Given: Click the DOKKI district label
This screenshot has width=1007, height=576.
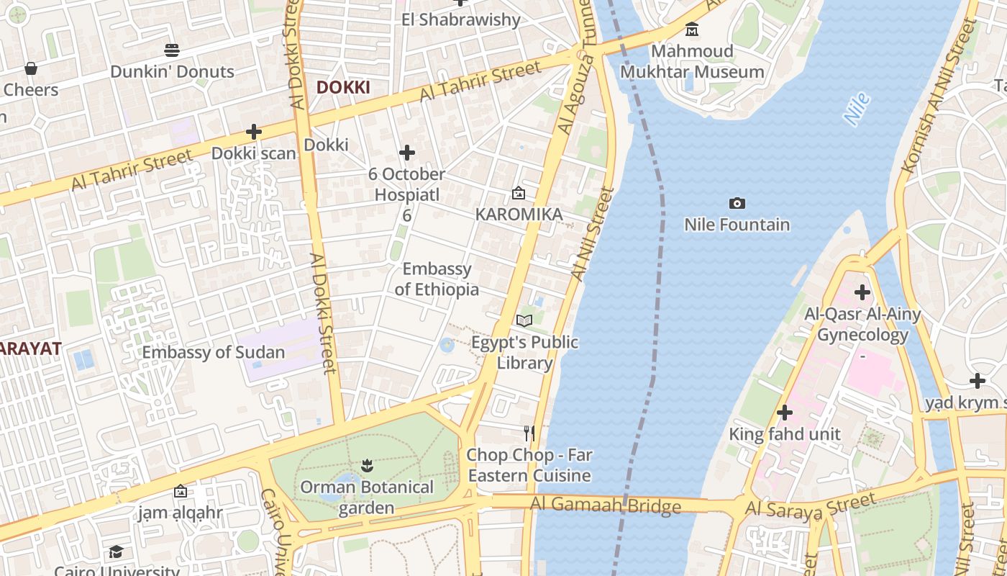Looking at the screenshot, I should [x=343, y=87].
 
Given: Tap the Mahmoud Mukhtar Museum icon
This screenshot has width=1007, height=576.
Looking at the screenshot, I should [x=692, y=30].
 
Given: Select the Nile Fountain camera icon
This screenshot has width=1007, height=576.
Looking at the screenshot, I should [x=737, y=204].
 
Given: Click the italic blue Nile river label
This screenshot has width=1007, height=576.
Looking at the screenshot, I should [x=857, y=109].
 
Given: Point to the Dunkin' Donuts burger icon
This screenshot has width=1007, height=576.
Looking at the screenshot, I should [x=171, y=50].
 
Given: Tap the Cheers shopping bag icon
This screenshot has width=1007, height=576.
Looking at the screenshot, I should [x=31, y=68].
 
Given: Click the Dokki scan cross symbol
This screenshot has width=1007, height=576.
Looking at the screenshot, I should [x=253, y=132].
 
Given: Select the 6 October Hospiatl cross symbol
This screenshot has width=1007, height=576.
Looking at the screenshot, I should [x=407, y=153].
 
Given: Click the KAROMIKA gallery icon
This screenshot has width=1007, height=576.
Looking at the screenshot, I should [x=518, y=193].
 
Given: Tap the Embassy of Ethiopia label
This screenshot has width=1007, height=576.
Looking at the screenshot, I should [x=437, y=279].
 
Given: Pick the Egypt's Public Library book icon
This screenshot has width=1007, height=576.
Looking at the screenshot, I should [x=524, y=320].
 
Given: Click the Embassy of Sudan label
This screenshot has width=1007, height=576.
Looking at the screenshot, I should [x=213, y=353].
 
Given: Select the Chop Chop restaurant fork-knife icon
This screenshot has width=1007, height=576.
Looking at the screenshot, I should [x=529, y=433].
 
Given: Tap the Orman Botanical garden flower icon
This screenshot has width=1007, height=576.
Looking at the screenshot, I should [x=367, y=465].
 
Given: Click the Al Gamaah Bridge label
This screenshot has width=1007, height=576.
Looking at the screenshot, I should [x=605, y=505].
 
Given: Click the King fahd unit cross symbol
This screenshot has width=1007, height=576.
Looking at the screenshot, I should [x=785, y=413].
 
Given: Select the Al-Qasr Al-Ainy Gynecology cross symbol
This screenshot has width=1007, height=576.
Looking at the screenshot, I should [x=862, y=292].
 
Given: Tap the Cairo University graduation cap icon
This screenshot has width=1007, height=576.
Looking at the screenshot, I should [x=116, y=552].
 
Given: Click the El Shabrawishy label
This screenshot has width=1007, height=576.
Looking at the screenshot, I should [x=460, y=19].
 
